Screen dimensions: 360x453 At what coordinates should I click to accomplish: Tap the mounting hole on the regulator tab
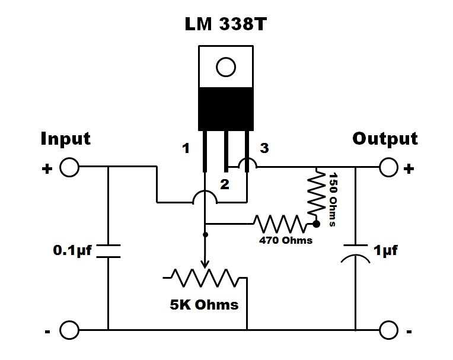[x=226, y=67]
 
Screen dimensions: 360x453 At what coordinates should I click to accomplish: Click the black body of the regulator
[x=226, y=109]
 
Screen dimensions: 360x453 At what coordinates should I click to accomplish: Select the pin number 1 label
[x=186, y=148]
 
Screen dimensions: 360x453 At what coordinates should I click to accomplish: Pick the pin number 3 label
[x=264, y=148]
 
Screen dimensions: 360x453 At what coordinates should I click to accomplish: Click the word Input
[x=65, y=139]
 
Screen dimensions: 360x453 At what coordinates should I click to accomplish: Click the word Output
[x=385, y=139]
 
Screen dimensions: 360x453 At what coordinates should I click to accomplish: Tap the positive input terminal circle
[x=69, y=168]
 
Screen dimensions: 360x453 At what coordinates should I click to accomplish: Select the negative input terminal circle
[x=69, y=329]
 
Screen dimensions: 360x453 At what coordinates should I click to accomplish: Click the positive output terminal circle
[x=388, y=168]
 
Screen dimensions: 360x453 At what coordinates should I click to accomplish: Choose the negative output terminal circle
[x=388, y=329]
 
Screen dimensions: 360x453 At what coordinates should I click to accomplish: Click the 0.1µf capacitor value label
[x=72, y=250]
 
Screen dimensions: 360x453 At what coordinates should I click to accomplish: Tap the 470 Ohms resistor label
[x=286, y=241]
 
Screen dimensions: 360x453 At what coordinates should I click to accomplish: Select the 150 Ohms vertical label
[x=333, y=199]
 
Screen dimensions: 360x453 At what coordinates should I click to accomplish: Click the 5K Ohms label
[x=204, y=305]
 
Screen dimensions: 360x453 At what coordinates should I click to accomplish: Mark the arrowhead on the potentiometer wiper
[x=205, y=265]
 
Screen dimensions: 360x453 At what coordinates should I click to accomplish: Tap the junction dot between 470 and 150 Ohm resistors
[x=316, y=224]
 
